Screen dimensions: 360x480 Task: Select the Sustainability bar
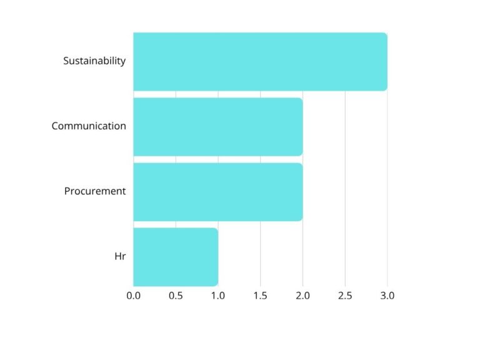click(x=260, y=61)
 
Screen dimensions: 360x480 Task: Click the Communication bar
click(x=217, y=126)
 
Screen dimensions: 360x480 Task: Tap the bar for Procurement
click(x=217, y=191)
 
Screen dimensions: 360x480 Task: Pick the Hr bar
click(x=176, y=256)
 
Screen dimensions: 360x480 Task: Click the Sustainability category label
click(x=94, y=61)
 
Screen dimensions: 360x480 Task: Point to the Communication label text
click(x=89, y=126)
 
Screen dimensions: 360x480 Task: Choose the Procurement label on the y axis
click(x=95, y=191)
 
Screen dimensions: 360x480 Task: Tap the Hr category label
click(x=120, y=256)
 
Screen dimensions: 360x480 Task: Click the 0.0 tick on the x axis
click(x=133, y=296)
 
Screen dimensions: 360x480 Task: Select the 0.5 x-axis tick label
click(x=176, y=296)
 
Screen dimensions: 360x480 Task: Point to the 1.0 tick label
click(x=218, y=296)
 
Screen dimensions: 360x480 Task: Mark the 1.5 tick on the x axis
click(x=261, y=296)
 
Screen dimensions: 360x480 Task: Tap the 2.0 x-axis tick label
click(x=302, y=296)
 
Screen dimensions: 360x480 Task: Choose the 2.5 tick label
click(x=345, y=296)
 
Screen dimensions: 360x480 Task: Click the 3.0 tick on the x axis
click(x=387, y=296)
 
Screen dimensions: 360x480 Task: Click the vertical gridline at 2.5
click(x=345, y=187)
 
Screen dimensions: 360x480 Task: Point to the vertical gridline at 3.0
click(x=387, y=187)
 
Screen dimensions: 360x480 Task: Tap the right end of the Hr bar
click(x=217, y=256)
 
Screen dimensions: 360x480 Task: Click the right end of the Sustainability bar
click(x=386, y=61)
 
